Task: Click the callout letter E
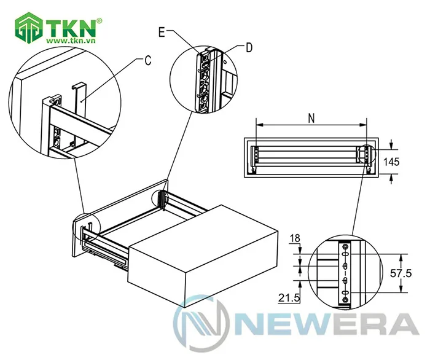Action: point(162,33)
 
